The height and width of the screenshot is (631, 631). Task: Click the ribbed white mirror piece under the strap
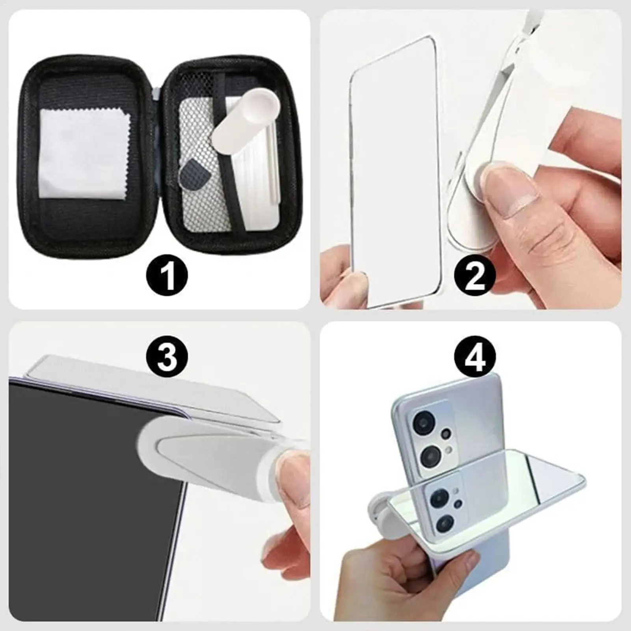click(258, 173)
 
